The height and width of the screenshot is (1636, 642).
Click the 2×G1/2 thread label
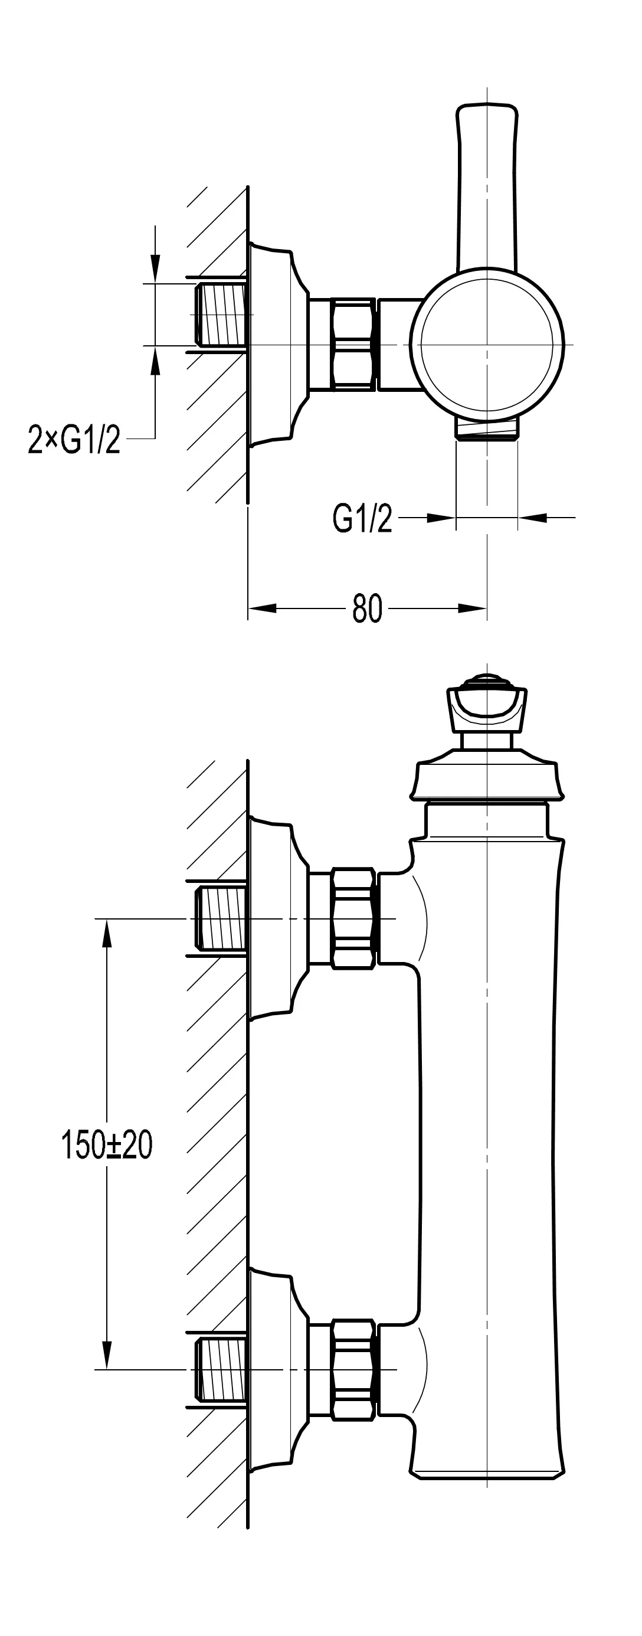[74, 440]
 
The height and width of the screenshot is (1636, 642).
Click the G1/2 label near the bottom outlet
[362, 519]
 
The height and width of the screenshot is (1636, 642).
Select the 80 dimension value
[367, 609]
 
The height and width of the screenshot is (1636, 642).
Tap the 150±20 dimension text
[107, 1144]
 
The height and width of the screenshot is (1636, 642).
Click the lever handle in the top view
[487, 184]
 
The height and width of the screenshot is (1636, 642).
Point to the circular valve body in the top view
[487, 345]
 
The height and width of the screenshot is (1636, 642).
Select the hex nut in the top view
[353, 343]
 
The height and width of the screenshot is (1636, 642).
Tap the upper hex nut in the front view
[353, 918]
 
